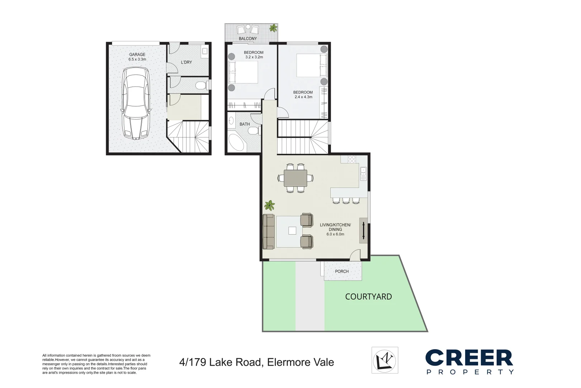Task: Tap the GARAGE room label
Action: point(137,55)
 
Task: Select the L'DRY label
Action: point(186,63)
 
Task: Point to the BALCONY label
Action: point(248,38)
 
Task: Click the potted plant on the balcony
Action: point(274,28)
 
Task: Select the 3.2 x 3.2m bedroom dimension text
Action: point(254,57)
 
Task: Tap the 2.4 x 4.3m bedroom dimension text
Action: point(303,97)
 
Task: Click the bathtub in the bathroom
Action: point(236,143)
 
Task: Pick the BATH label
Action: point(245,124)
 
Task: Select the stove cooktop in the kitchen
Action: point(352,159)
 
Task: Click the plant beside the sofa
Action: point(269,205)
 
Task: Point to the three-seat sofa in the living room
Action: point(268,232)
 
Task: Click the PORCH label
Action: point(342,272)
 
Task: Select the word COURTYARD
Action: point(368,297)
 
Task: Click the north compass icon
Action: point(385,360)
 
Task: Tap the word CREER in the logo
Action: point(469,358)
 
